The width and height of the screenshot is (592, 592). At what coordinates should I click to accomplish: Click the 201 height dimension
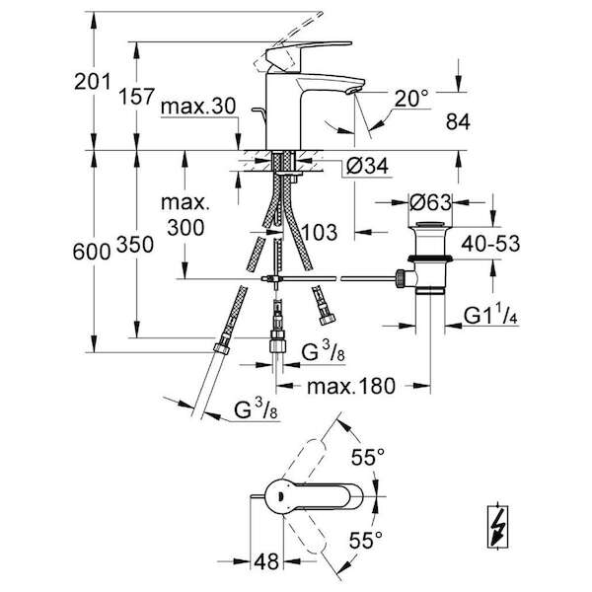click(93, 82)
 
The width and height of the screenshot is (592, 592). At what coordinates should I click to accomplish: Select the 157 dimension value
click(137, 97)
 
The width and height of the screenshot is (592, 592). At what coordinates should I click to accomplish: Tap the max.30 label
click(198, 107)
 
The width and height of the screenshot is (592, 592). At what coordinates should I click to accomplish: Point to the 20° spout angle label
click(411, 99)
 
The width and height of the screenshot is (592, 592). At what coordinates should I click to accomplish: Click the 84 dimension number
click(458, 122)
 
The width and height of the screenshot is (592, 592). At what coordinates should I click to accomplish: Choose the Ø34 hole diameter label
click(367, 166)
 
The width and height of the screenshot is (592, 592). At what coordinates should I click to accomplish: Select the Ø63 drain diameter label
click(430, 202)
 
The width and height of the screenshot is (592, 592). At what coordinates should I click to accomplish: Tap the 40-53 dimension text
click(490, 244)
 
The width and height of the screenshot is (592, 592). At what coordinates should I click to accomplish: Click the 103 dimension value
click(320, 232)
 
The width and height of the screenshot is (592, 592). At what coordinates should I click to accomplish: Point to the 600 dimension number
click(92, 252)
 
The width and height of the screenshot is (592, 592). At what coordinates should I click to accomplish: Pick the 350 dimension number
click(135, 245)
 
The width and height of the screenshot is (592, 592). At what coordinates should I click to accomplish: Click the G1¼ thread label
click(490, 316)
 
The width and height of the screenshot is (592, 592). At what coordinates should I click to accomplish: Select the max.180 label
click(351, 386)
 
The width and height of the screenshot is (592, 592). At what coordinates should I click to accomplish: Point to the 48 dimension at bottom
click(266, 562)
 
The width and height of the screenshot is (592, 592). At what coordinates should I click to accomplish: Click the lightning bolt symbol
click(497, 526)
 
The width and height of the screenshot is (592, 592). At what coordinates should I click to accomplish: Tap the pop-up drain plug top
click(430, 224)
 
